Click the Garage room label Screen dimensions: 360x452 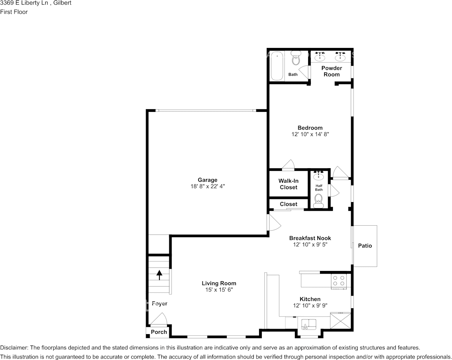coord(207,180)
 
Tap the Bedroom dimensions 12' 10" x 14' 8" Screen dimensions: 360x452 coord(310,134)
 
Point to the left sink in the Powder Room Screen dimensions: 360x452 coord(320,57)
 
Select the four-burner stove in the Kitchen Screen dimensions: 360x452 coord(339,281)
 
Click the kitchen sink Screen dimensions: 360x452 coord(309,324)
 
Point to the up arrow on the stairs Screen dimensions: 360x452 coord(159,274)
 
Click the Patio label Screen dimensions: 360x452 coord(365,246)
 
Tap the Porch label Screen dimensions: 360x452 coord(159,332)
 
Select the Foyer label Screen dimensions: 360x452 coord(159,304)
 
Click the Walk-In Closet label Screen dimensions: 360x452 coord(288,184)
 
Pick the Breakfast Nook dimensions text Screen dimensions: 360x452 coord(310,245)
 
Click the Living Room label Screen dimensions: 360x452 coord(219,283)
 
